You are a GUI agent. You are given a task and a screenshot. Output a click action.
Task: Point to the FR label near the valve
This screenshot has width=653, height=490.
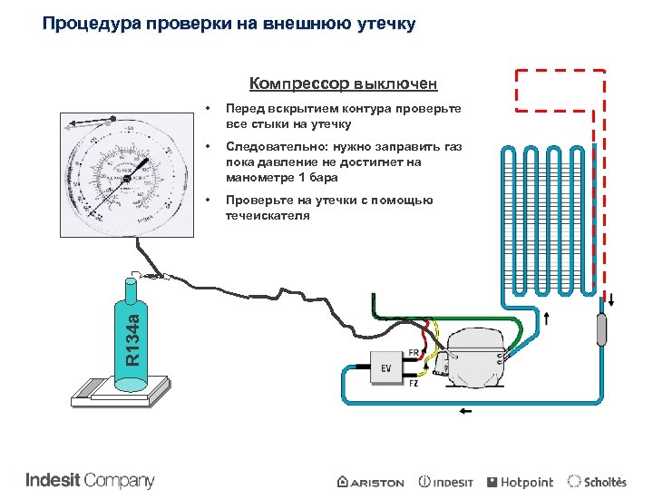(x=414, y=352)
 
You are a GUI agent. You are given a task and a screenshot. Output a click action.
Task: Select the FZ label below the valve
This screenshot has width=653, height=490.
(x=414, y=384)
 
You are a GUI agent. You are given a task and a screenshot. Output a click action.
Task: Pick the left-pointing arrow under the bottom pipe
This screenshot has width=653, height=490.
(x=466, y=411)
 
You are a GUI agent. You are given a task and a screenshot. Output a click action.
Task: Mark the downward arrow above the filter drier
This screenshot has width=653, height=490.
(x=610, y=300)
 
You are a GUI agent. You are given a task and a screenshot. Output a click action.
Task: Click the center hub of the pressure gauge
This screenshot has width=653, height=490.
(x=126, y=179)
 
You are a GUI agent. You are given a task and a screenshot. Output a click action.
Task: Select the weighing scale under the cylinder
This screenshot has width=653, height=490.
(x=122, y=387)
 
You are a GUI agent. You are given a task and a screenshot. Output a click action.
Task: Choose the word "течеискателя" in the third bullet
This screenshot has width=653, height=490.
(x=268, y=215)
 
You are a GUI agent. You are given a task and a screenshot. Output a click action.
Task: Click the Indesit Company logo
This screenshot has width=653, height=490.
(x=90, y=480)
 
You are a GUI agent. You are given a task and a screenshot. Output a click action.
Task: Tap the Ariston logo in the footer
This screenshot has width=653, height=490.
(x=370, y=482)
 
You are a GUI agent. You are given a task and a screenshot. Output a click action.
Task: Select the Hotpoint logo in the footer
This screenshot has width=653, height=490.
(x=520, y=482)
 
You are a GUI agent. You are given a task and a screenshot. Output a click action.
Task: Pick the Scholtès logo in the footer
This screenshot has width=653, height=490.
(x=596, y=482)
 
